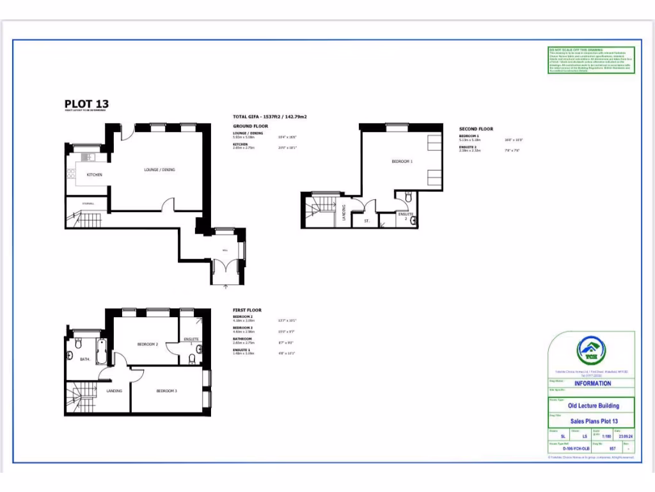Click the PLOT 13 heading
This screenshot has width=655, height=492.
coord(86,104)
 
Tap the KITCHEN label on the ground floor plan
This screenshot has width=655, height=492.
coord(95,174)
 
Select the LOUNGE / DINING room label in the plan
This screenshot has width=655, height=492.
coord(159,170)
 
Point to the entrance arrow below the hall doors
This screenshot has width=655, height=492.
coord(225,287)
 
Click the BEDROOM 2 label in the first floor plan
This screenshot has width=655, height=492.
coord(148,344)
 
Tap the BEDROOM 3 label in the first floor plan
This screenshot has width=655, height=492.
coord(167,391)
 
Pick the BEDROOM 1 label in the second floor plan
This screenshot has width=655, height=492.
coord(402,161)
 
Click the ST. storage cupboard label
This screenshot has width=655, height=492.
coord(367,220)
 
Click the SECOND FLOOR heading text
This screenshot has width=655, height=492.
coord(476,129)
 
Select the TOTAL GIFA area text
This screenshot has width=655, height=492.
coord(270,117)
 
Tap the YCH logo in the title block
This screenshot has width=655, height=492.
coord(591,350)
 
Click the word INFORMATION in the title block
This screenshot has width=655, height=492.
coord(592,384)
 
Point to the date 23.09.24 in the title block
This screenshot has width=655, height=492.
coord(623,437)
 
